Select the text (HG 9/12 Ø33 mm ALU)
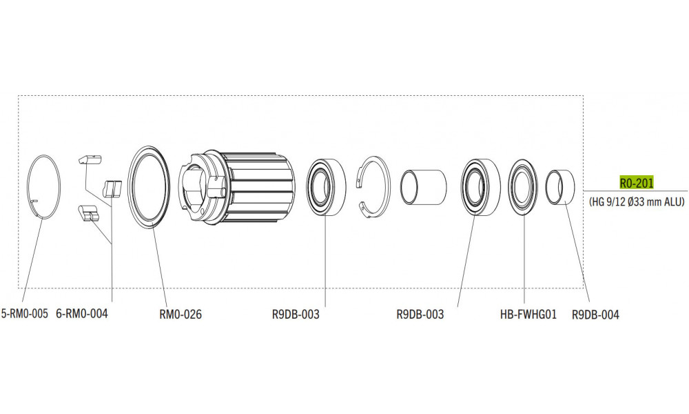637,203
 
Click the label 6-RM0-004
82,314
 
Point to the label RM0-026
181,314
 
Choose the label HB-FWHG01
528,314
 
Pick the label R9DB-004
595,314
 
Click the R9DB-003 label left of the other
296,314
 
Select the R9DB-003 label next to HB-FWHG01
420,314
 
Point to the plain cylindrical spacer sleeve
424,187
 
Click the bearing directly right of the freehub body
325,188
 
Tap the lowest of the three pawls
90,214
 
